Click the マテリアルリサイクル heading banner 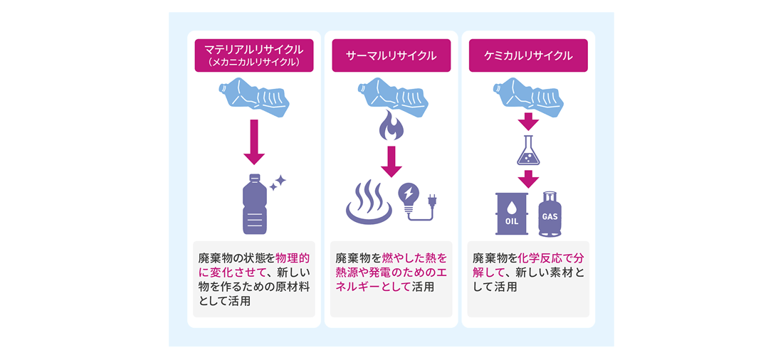pyautogui.click(x=253, y=51)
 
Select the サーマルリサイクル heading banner pyautogui.click(x=391, y=55)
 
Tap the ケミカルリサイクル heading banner pyautogui.click(x=527, y=55)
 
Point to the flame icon pyautogui.click(x=391, y=126)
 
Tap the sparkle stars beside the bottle pyautogui.click(x=277, y=183)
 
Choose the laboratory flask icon pyautogui.click(x=527, y=150)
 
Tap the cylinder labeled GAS pyautogui.click(x=550, y=214)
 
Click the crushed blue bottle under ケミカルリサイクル pyautogui.click(x=527, y=97)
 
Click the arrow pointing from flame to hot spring pyautogui.click(x=391, y=161)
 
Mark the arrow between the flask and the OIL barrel pyautogui.click(x=527, y=179)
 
